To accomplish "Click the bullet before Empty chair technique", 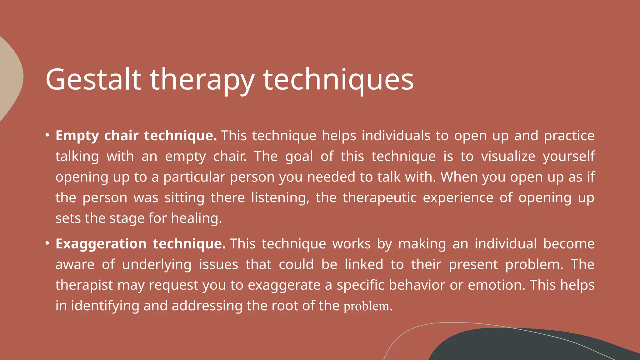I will [x=47, y=135].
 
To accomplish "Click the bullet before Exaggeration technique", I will [x=47, y=243].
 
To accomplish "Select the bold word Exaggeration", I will [x=101, y=244].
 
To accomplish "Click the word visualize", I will [x=508, y=156].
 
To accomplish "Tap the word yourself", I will [x=568, y=156].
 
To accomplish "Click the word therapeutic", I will [x=380, y=198].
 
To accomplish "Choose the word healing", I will [x=196, y=218].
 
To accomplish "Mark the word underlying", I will [x=157, y=265].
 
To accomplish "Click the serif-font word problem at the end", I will [x=366, y=306].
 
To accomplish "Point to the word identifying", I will [x=105, y=306].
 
